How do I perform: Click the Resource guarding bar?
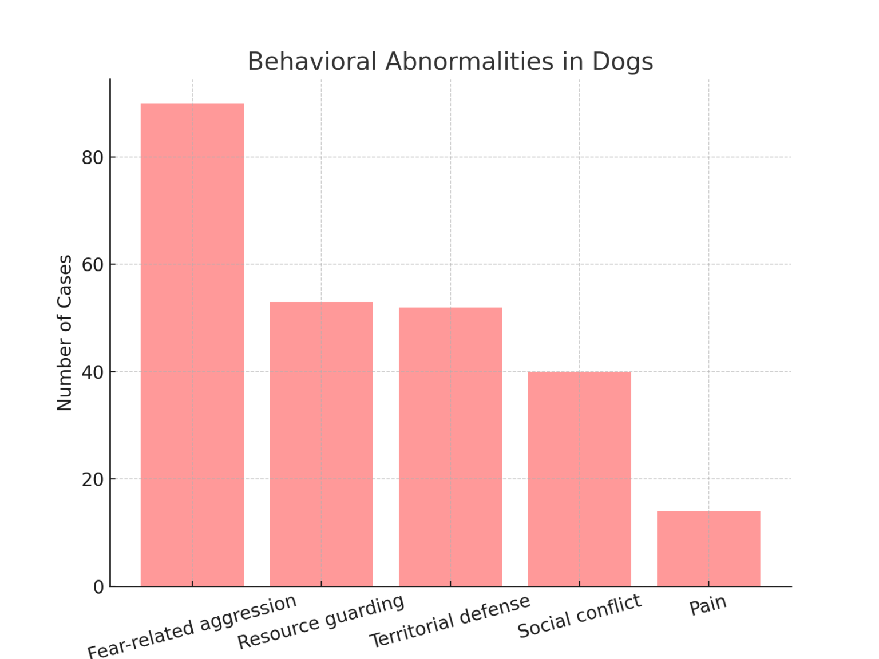(x=321, y=444)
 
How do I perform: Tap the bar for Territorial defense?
(x=450, y=447)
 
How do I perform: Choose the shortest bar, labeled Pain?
(x=708, y=549)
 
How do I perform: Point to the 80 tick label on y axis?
(x=92, y=157)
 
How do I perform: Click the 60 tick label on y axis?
(x=92, y=265)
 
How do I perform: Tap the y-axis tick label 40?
(x=92, y=372)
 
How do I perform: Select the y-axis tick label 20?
(x=92, y=479)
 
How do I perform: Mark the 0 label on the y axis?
(x=98, y=587)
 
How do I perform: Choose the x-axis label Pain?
(x=708, y=605)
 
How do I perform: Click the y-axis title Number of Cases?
(x=65, y=333)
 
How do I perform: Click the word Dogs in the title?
(x=622, y=62)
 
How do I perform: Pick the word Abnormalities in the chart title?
(x=469, y=62)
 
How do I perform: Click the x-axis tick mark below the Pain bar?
(x=708, y=584)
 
